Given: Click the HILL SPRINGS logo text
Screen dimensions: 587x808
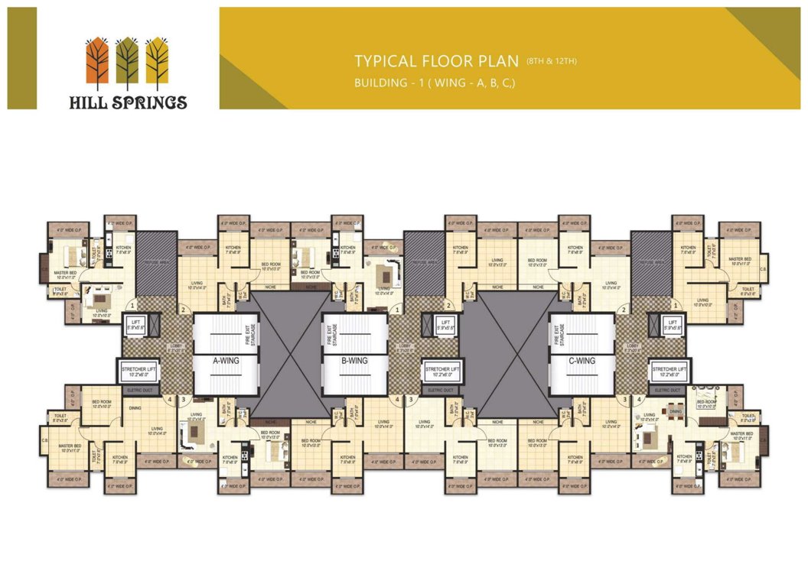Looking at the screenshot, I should (127, 101).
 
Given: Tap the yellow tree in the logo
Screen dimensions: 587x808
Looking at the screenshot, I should (157, 60).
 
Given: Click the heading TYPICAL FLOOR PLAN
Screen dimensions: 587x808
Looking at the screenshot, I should (437, 61).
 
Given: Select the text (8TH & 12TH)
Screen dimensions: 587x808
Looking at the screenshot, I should (551, 59).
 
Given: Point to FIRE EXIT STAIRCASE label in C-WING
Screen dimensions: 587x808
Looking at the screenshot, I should (562, 336).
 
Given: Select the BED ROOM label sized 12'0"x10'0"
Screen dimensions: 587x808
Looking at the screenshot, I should (103, 404).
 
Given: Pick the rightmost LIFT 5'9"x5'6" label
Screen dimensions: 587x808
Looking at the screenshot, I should (673, 325).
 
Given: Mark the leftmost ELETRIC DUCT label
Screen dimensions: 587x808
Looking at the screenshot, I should (140, 390).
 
